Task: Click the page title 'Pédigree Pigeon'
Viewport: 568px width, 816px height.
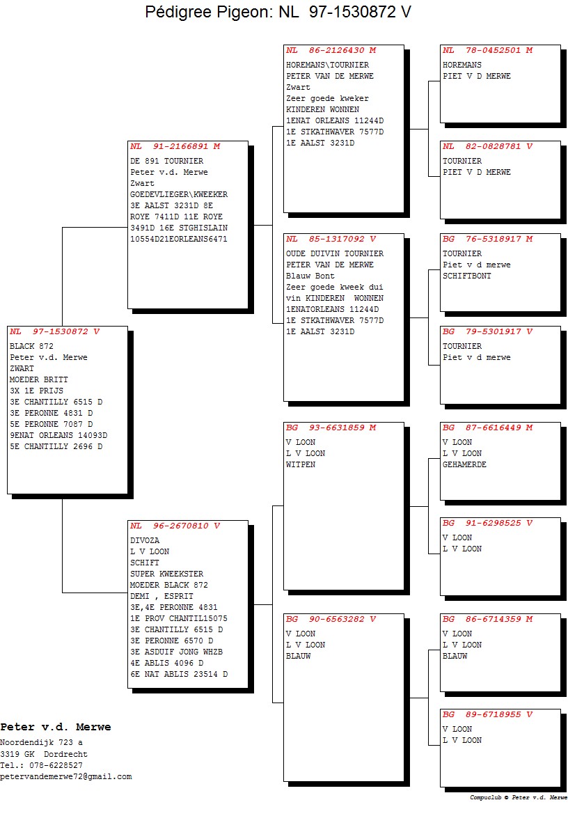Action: click(207, 12)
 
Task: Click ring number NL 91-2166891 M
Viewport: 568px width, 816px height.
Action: click(175, 147)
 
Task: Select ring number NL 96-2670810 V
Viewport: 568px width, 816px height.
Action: click(175, 526)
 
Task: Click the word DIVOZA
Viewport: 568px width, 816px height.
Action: click(145, 541)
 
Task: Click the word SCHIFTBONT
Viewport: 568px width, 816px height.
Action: click(467, 276)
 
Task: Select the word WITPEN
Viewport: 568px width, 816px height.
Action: click(301, 464)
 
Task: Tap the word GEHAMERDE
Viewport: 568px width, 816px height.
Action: click(464, 464)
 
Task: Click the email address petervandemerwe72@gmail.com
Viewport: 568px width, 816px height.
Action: click(66, 777)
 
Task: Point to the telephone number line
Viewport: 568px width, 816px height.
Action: click(41, 765)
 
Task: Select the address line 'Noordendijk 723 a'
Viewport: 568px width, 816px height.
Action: click(41, 743)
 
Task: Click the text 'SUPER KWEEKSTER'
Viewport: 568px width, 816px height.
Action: click(167, 574)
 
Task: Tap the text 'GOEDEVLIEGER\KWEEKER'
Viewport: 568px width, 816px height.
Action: click(179, 195)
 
